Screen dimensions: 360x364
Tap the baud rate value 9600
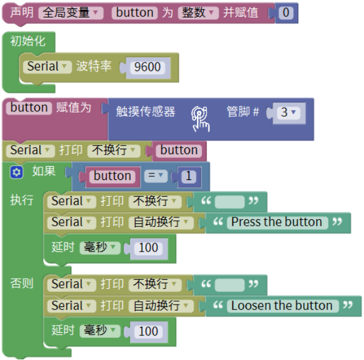(148, 67)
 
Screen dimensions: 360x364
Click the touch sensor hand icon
(201, 118)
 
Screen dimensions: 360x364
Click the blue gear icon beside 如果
(16, 172)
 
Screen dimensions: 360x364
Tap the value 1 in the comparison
(189, 176)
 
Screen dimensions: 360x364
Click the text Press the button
(277, 222)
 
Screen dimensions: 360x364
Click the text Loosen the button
(281, 306)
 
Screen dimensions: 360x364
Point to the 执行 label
(22, 200)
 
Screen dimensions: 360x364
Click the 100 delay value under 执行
(148, 247)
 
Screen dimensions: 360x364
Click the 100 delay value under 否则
(148, 331)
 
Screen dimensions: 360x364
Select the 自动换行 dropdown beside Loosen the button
(160, 306)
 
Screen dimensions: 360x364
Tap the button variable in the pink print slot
(179, 151)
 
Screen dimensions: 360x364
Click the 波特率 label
(94, 66)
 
